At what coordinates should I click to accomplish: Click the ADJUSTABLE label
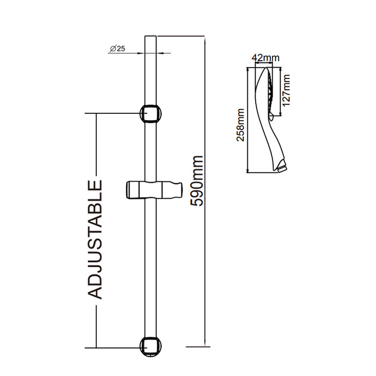pos(95,239)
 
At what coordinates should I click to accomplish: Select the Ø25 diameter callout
pos(117,48)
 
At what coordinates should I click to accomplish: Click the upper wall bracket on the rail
pos(151,114)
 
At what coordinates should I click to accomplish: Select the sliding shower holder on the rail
pos(153,191)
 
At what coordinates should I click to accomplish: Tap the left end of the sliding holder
pos(129,191)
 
